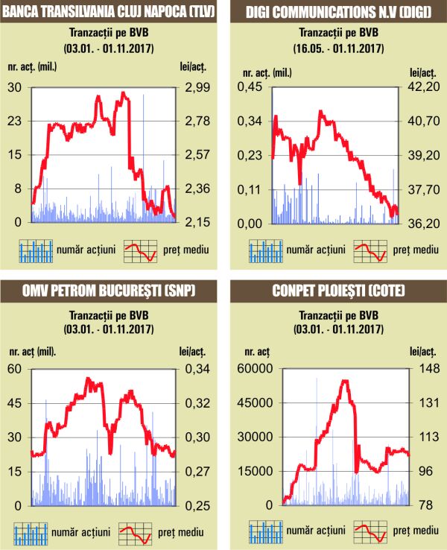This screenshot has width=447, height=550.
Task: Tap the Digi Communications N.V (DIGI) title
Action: tap(337, 11)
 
